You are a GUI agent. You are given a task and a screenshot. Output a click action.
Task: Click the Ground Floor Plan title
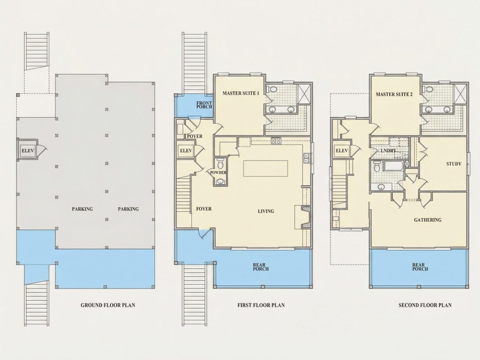coord(108,305)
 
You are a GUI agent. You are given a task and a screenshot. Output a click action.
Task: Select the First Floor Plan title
coord(261,305)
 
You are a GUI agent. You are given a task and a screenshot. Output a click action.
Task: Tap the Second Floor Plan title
coord(425,305)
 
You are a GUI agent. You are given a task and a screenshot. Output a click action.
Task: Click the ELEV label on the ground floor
coord(27,151)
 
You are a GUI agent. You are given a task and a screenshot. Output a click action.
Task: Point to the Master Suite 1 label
coord(240,93)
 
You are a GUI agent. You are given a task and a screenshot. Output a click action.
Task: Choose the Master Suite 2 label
coord(394,94)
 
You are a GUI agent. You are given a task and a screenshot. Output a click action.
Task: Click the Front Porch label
coord(204,105)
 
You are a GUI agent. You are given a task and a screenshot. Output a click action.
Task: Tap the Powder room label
coord(218,172)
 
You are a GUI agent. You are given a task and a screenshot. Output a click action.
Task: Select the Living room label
coord(266,211)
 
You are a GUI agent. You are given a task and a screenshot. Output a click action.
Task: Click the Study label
coord(454,164)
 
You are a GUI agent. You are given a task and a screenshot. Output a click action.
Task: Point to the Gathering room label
coord(428,220)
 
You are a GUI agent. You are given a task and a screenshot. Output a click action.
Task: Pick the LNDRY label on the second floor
coord(388,151)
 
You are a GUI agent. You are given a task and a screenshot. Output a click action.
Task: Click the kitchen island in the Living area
coord(266,168)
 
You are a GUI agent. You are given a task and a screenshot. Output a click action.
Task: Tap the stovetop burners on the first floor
coord(276,141)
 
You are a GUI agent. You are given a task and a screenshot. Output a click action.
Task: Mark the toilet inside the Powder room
coord(220,164)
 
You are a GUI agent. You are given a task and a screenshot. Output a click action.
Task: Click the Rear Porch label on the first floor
coord(261,267)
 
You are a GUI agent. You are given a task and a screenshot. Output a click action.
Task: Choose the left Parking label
coord(82,209)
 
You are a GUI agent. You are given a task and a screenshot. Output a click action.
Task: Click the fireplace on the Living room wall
coord(305,217)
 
